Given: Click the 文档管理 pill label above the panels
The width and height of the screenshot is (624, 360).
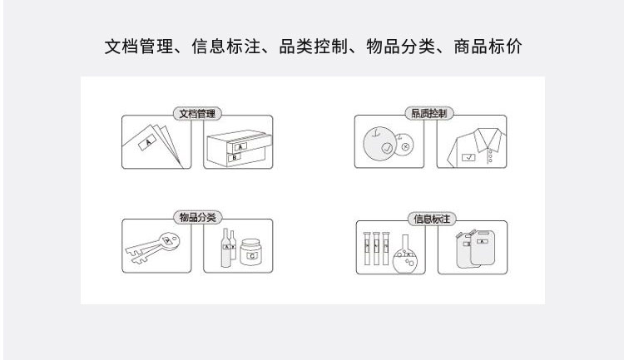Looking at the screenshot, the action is [x=197, y=114].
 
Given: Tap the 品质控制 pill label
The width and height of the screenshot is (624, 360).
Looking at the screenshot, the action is [x=429, y=113].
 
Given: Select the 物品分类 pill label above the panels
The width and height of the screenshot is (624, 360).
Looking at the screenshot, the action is [x=197, y=217].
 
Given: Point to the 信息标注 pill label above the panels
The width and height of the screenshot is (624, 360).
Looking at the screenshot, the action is [x=432, y=219].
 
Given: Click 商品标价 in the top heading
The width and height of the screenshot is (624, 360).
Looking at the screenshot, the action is [x=488, y=47].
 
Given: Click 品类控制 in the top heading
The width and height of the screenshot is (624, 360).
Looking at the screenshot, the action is [x=313, y=47].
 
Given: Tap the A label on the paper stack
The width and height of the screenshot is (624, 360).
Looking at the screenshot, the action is [x=147, y=142].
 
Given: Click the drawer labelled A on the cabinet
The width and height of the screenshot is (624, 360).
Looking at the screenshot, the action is [x=249, y=145].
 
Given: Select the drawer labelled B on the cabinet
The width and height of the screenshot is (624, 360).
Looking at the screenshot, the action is [x=246, y=157].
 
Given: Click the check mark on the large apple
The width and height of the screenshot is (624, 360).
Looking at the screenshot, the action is [x=387, y=148].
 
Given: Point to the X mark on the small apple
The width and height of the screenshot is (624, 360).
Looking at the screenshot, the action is [x=405, y=147].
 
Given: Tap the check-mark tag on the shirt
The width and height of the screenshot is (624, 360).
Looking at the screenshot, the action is [x=468, y=157].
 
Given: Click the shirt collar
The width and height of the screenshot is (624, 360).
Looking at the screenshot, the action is [x=488, y=137].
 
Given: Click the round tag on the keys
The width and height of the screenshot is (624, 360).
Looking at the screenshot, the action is [x=168, y=241].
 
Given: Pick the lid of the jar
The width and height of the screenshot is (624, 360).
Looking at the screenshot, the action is [x=250, y=243].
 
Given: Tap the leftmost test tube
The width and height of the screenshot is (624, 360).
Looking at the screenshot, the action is [x=367, y=249].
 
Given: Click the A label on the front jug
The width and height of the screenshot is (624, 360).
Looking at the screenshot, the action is [x=482, y=241].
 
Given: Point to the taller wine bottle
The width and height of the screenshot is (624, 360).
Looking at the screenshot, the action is [x=225, y=248].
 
